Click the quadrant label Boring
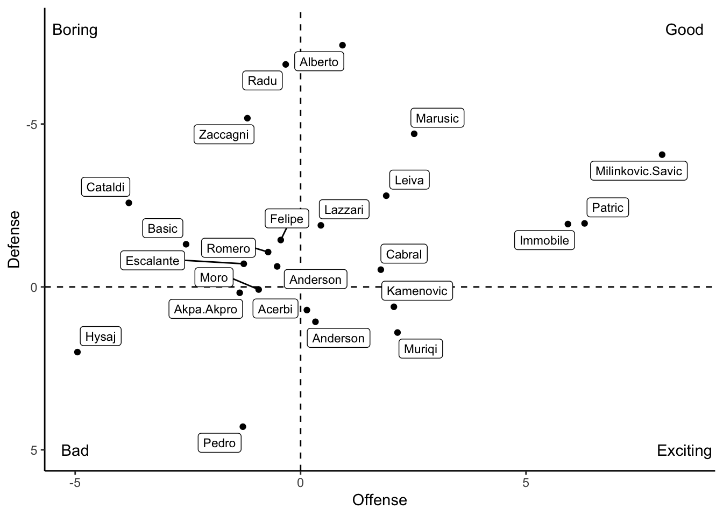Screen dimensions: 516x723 75,30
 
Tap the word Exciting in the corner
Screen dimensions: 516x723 684,450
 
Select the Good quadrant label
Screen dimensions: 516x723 684,30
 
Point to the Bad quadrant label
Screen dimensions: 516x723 75,450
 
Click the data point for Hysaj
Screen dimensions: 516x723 77,352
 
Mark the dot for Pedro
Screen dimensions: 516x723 243,427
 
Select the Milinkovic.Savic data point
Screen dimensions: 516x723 662,155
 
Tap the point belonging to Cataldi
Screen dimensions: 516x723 129,203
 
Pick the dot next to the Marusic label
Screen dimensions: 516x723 414,134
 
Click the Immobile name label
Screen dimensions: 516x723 544,240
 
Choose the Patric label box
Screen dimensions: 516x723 607,207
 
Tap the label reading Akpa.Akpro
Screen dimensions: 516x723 205,309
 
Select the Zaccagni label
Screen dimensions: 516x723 224,134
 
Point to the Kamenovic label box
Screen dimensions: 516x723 417,291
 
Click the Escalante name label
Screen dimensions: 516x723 152,261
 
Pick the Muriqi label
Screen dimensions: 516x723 421,349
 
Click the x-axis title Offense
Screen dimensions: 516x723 379,500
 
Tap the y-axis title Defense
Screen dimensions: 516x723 14,239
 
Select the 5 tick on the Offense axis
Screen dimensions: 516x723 526,483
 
